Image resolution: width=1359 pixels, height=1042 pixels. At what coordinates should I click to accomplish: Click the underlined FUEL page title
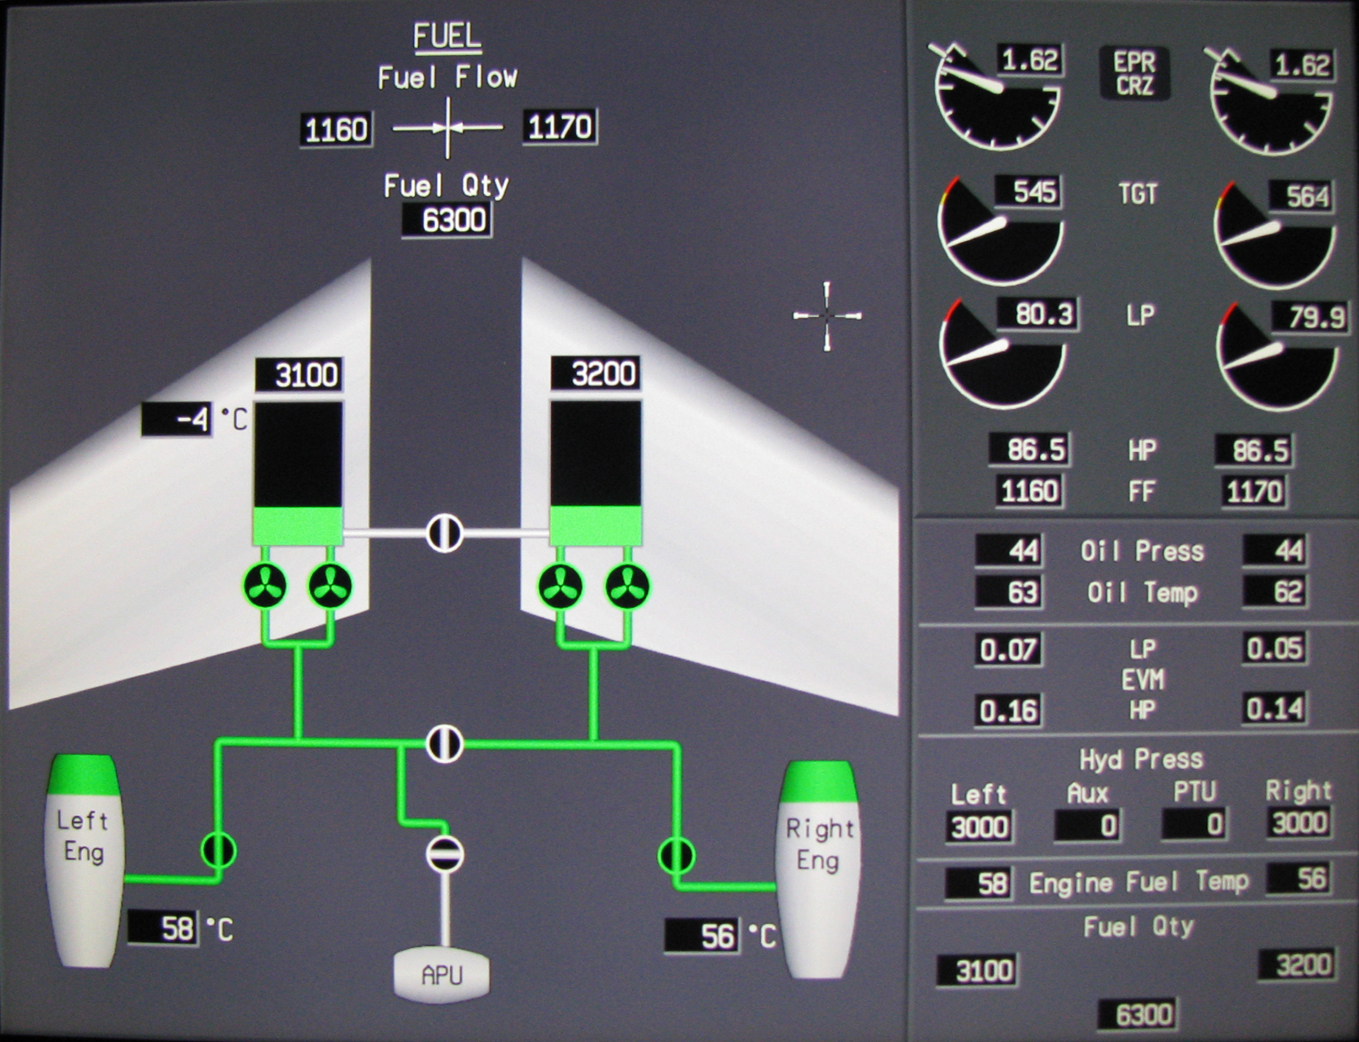[x=447, y=36]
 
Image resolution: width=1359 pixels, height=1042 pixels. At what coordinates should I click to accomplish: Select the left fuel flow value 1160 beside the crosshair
[x=336, y=130]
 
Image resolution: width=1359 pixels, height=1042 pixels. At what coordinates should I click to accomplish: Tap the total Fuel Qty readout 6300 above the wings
[x=447, y=220]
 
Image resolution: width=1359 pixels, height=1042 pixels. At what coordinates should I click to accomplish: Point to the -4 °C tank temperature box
[x=177, y=420]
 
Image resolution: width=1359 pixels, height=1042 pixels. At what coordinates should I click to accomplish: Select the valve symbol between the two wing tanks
[x=445, y=533]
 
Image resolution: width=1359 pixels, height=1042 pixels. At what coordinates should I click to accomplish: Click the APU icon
[x=442, y=976]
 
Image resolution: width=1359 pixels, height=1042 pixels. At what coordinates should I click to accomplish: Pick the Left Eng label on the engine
[x=83, y=836]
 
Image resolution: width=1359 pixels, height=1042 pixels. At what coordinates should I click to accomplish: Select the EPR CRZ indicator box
[x=1134, y=73]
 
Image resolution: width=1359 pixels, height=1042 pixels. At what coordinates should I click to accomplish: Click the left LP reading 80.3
[x=1037, y=315]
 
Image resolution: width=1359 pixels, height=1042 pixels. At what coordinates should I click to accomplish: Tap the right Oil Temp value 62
[x=1275, y=591]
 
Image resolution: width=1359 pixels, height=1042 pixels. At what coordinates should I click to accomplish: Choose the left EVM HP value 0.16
[x=1009, y=710]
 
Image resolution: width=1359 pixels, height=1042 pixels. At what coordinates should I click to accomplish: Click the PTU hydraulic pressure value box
[x=1194, y=825]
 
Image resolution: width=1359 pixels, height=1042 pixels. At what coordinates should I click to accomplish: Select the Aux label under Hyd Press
[x=1087, y=793]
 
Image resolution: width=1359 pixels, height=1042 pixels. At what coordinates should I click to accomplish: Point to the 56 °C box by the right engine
[x=702, y=935]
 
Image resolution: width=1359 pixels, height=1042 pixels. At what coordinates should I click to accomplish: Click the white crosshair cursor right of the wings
[x=827, y=316]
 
